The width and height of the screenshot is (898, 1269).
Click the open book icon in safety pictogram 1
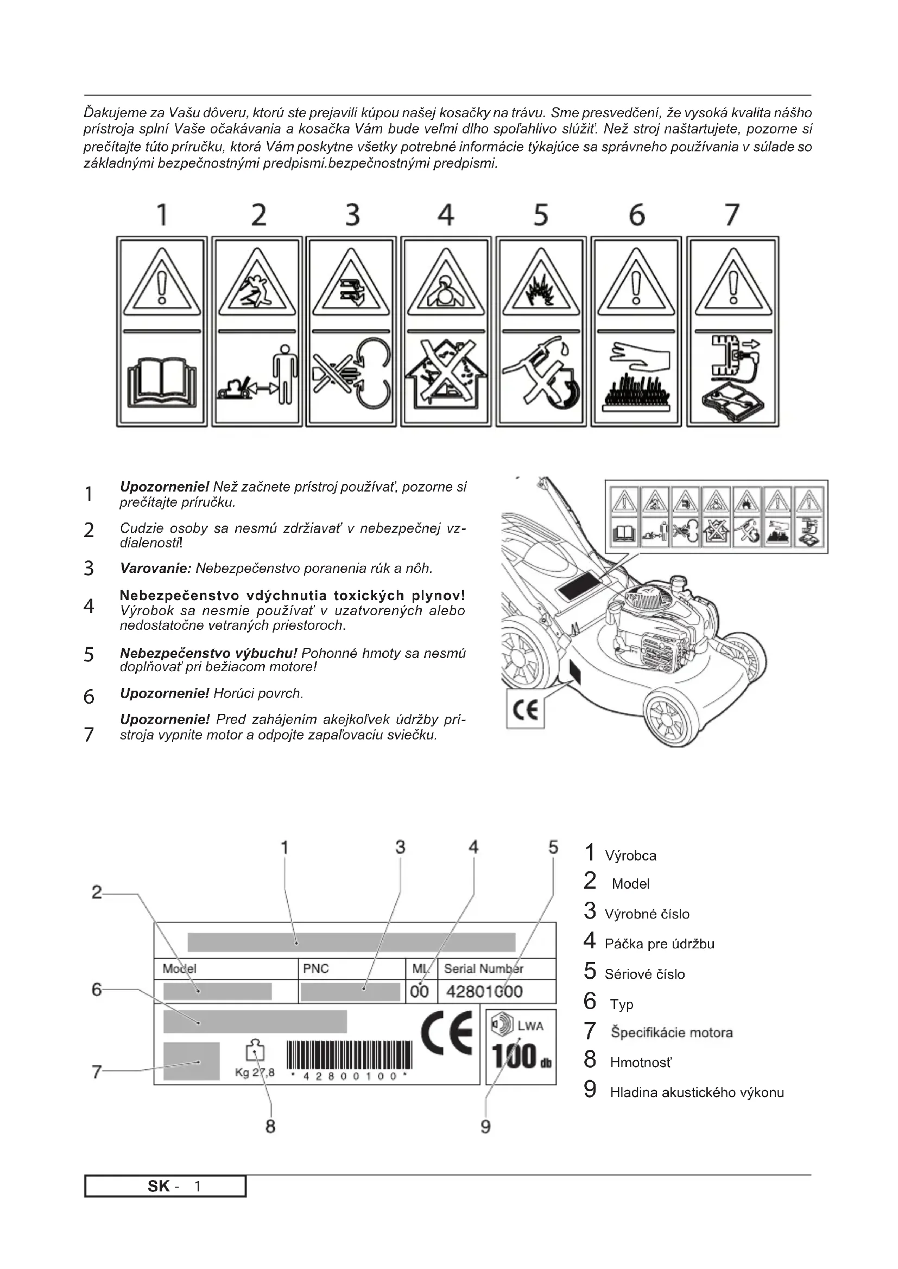click(161, 381)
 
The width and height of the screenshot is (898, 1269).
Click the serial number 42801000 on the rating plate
click(484, 992)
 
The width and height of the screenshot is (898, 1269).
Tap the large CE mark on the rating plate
click(447, 1032)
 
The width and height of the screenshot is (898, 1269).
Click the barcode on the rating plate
click(350, 1056)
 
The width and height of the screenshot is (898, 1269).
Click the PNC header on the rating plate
click(316, 968)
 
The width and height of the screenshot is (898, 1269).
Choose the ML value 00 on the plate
click(419, 992)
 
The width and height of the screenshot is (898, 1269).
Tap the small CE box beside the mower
click(526, 710)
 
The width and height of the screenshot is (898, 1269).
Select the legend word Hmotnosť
click(641, 1062)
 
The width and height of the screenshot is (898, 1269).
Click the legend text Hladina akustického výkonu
click(697, 1092)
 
